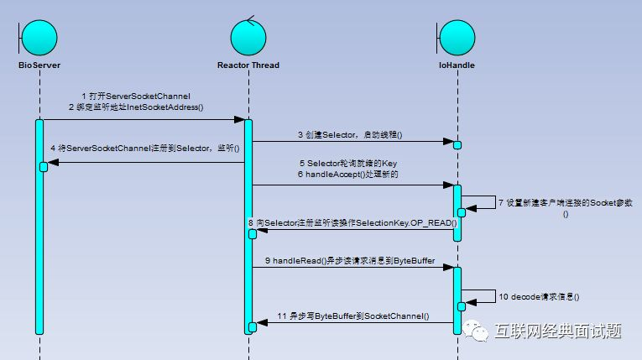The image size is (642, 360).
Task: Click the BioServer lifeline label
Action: [x=39, y=65]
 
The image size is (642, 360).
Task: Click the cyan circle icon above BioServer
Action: [x=39, y=34]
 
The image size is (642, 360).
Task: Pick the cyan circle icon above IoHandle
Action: [x=457, y=34]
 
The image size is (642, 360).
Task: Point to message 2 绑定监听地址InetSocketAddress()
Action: [x=136, y=107]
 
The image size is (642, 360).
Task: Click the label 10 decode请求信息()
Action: [x=540, y=296]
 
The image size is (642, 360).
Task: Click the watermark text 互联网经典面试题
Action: [x=558, y=332]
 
